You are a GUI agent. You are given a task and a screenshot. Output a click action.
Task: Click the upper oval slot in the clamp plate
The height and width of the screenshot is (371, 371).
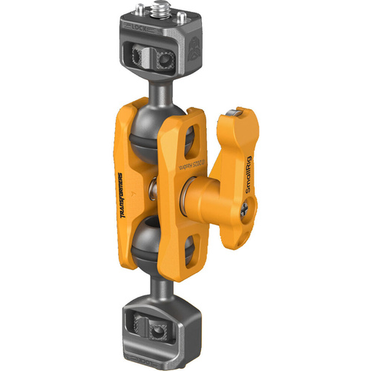tap(194, 137)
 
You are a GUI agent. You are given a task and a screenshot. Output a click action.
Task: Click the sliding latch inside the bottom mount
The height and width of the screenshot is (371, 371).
tap(157, 325)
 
